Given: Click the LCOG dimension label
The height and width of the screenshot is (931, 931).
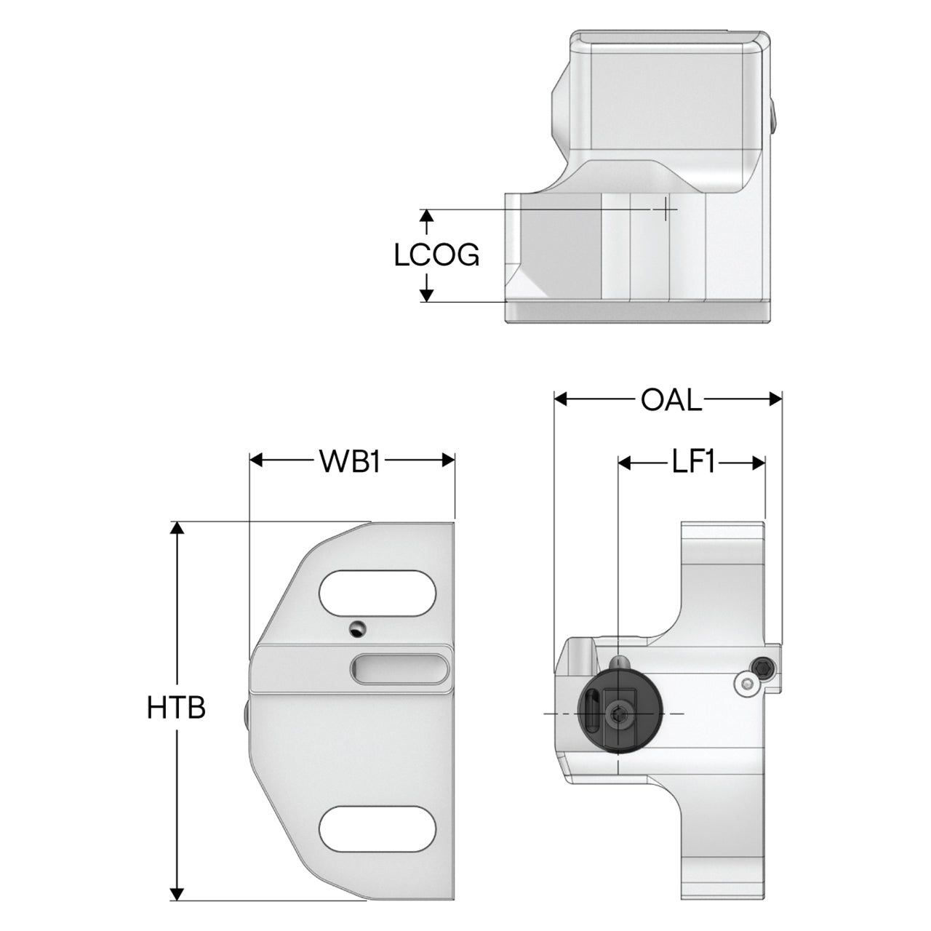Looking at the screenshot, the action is click(x=436, y=255).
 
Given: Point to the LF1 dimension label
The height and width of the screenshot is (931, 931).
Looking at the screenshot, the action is click(x=693, y=463).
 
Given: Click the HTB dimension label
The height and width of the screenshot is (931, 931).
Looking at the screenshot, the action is click(x=176, y=707).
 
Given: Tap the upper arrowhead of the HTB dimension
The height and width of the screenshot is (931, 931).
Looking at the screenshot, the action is click(x=178, y=527).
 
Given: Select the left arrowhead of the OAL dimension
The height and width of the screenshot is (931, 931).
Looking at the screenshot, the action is click(x=561, y=399).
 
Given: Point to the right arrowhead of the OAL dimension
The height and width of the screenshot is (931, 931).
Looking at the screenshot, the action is click(x=775, y=399).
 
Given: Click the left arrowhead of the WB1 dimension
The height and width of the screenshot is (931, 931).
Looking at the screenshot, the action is click(x=255, y=460).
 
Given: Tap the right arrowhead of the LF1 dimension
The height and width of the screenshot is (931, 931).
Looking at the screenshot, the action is click(x=759, y=463).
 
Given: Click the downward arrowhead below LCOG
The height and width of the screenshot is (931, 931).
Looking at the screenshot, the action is click(x=425, y=295).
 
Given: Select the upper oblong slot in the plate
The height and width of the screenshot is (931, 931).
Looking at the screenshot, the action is click(x=377, y=594).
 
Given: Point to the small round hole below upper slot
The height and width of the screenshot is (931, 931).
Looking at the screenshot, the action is click(x=357, y=628).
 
